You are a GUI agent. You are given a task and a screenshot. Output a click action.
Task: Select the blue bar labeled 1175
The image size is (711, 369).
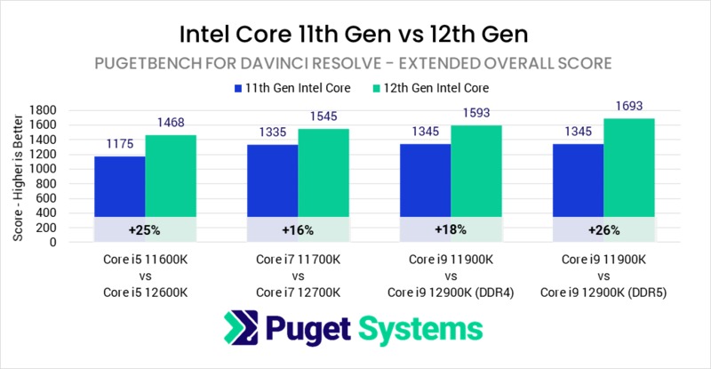point(120,187)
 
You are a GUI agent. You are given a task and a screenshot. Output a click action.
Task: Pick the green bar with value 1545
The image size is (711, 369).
point(324,173)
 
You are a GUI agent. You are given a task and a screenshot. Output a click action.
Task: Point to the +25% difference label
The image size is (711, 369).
point(144,229)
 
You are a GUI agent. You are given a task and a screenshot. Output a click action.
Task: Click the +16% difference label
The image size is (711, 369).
point(298,229)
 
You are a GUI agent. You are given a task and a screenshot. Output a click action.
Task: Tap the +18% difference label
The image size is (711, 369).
point(451,229)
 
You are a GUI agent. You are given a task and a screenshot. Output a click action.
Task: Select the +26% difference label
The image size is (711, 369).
point(603,229)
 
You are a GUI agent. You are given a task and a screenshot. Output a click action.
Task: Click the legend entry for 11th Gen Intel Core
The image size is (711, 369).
point(288,88)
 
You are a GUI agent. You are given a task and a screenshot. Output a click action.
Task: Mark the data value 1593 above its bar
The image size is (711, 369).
point(476,113)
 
